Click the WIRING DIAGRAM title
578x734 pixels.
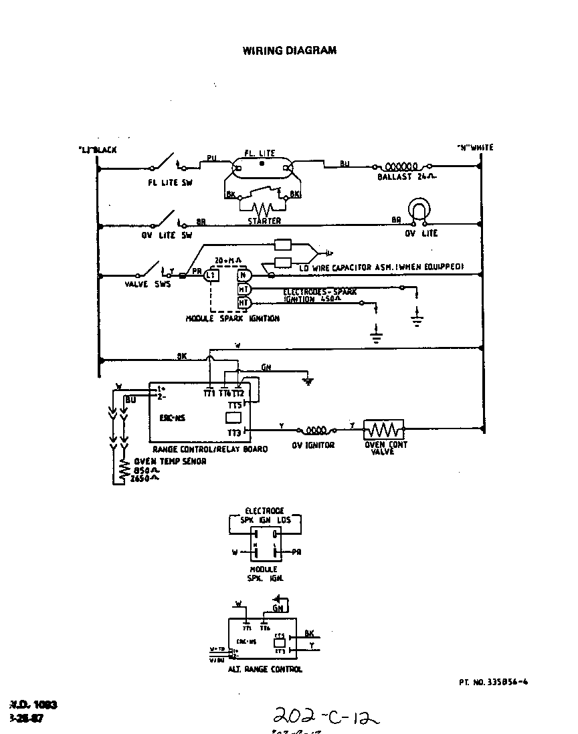[289, 50]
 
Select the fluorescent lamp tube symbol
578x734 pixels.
[262, 163]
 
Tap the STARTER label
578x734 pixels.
[264, 221]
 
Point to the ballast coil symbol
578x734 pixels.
[400, 166]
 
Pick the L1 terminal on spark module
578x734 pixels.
[210, 275]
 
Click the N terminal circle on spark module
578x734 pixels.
[244, 275]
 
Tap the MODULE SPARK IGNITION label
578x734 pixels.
[232, 319]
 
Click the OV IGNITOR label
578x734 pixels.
[315, 445]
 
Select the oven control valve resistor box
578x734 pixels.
[383, 429]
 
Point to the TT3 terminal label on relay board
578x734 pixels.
[235, 432]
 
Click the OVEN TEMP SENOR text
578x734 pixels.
[170, 461]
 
